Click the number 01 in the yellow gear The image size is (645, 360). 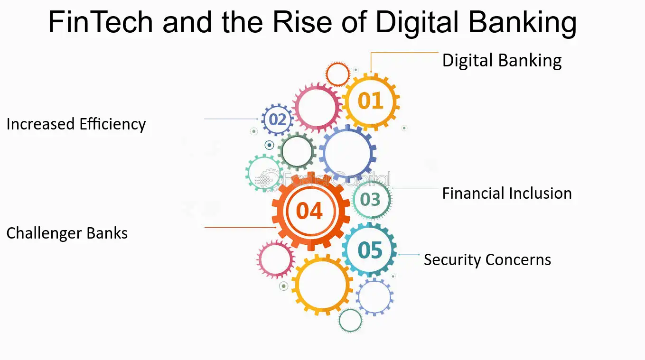tap(370, 101)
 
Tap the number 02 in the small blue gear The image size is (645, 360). tap(277, 120)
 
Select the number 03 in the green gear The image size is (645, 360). tap(370, 199)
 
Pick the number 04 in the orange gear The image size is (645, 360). tap(309, 211)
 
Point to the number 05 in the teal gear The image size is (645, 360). tap(370, 250)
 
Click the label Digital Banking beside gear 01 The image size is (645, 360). tap(502, 60)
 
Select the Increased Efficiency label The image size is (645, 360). tap(76, 124)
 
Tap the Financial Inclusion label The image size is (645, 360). tap(507, 193)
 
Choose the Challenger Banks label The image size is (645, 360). tap(67, 233)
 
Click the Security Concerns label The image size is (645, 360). tap(487, 260)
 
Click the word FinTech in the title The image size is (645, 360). tap(101, 22)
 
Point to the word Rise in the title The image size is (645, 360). tap(302, 22)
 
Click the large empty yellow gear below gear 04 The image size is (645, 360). tap(297, 285)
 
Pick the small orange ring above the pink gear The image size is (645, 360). tap(327, 74)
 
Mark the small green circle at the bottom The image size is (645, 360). tap(339, 320)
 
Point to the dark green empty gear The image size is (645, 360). tap(280, 151)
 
